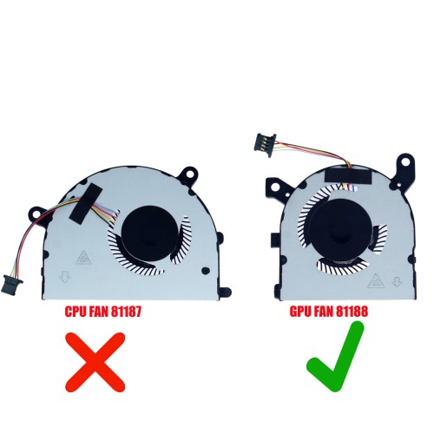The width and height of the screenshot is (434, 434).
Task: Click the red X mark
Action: coord(95,362)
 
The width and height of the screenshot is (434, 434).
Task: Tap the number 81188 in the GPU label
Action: coord(352,312)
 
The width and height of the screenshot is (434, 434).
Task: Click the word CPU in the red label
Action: coord(76,312)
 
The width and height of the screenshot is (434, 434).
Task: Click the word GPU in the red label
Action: coord(301,312)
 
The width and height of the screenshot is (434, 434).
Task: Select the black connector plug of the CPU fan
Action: coord(11,284)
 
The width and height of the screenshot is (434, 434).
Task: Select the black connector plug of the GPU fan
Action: coord(265,145)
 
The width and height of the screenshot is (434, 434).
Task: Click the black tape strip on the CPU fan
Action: coord(86,202)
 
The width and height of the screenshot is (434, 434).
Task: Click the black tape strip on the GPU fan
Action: coord(348,176)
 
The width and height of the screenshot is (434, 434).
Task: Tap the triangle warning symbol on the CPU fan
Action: coord(83,257)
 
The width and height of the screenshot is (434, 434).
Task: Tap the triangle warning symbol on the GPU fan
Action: coord(376,281)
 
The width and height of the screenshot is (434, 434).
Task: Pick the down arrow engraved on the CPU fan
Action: coord(65,277)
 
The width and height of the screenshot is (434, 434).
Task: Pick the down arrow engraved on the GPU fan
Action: coord(397,281)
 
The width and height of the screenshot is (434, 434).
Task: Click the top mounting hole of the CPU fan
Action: coord(190,174)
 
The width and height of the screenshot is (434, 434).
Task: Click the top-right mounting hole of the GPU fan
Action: coord(405,161)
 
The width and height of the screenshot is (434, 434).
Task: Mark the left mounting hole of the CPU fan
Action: coord(36,214)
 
